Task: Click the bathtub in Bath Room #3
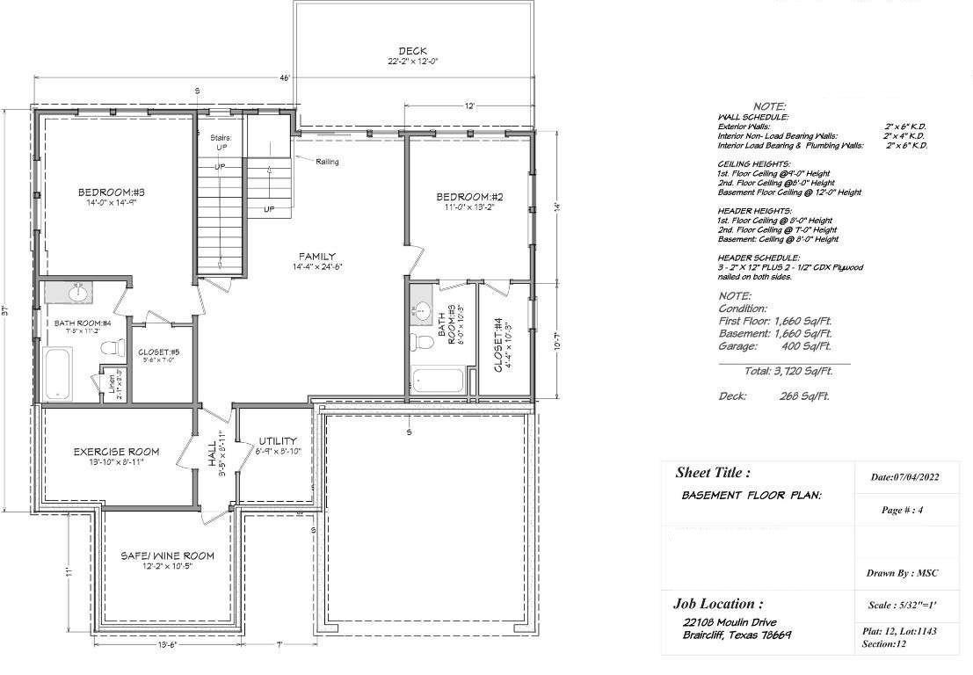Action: (x=437, y=381)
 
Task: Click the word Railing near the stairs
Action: (x=323, y=162)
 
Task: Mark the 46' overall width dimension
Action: (x=284, y=78)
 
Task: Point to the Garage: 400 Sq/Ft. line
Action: (x=775, y=346)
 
